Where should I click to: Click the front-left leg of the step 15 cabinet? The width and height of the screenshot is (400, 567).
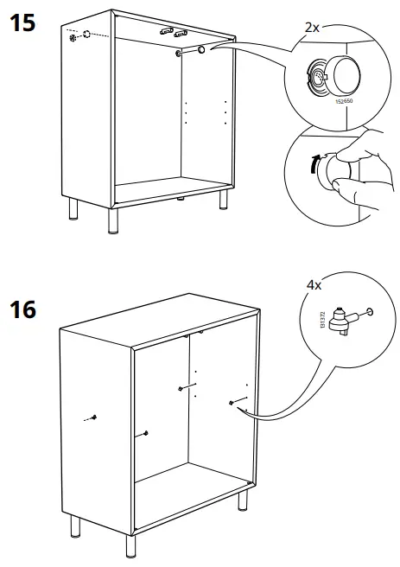[111, 222]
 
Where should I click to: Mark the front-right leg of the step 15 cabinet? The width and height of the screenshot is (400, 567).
[224, 201]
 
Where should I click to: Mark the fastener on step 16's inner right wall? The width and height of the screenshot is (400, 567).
[232, 401]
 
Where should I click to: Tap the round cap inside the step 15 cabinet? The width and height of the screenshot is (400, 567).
[200, 52]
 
